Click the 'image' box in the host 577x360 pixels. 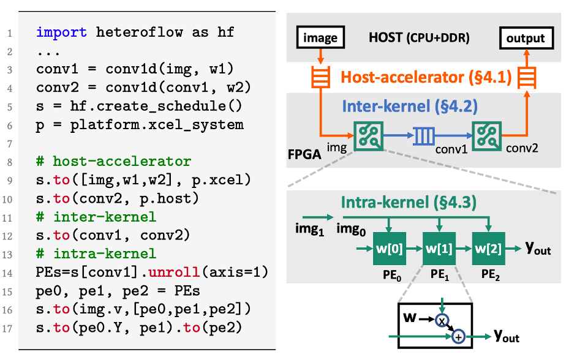[320, 39]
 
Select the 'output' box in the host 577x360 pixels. [526, 39]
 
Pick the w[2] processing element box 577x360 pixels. [488, 249]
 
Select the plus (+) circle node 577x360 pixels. [458, 336]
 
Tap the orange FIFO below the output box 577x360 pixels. [526, 77]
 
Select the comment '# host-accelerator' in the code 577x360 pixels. [114, 162]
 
